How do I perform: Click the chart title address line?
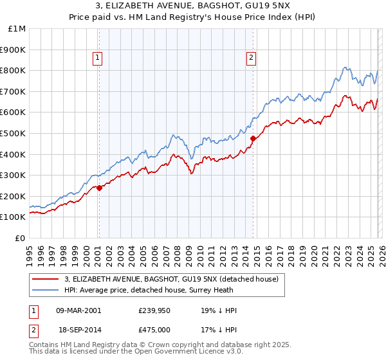(x=192, y=6)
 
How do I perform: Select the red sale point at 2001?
(x=99, y=188)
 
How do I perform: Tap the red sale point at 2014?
(x=253, y=138)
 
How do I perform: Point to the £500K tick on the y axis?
(x=14, y=133)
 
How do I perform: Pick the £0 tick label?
(x=21, y=238)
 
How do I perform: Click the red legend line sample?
(x=45, y=279)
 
